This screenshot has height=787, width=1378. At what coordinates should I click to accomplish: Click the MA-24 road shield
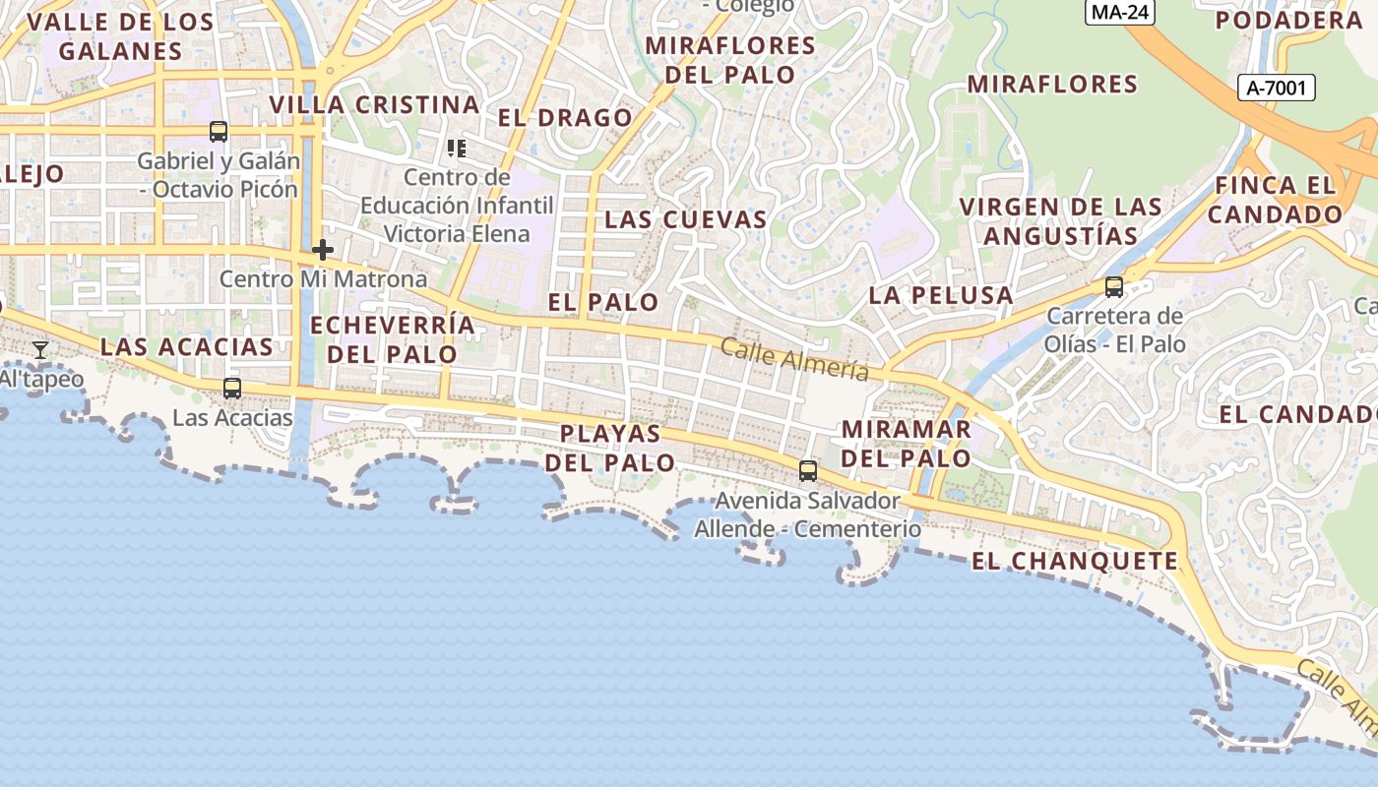pyautogui.click(x=1119, y=12)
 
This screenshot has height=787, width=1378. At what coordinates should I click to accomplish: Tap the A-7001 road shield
pyautogui.click(x=1276, y=89)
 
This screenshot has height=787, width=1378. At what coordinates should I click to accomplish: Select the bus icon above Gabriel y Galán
pyautogui.click(x=219, y=131)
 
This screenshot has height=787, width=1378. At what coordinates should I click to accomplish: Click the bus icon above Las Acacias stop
pyautogui.click(x=232, y=389)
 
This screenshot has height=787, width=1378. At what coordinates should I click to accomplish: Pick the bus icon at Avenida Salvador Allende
pyautogui.click(x=808, y=470)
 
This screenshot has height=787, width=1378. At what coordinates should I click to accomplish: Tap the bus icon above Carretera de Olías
pyautogui.click(x=1114, y=286)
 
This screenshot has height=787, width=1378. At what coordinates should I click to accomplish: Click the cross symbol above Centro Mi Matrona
pyautogui.click(x=322, y=250)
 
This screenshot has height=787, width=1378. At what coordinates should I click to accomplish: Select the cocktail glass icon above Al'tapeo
pyautogui.click(x=40, y=350)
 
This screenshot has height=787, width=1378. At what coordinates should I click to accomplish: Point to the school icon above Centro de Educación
pyautogui.click(x=456, y=149)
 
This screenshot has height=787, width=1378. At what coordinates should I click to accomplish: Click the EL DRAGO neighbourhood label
pyautogui.click(x=565, y=118)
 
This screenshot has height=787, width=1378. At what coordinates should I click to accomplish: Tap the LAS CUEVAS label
pyautogui.click(x=685, y=219)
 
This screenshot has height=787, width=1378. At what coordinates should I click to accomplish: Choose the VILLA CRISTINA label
pyautogui.click(x=374, y=105)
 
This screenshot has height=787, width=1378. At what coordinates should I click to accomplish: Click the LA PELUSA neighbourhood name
pyautogui.click(x=940, y=295)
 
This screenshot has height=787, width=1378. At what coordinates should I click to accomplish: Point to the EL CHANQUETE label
pyautogui.click(x=1074, y=562)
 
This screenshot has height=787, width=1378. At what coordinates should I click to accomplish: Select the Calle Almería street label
pyautogui.click(x=794, y=359)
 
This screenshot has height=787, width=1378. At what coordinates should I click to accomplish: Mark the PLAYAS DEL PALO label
pyautogui.click(x=610, y=448)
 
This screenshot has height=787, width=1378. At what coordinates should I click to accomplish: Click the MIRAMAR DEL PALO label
pyautogui.click(x=907, y=444)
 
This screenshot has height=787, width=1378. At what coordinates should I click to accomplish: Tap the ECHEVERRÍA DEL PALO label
pyautogui.click(x=392, y=339)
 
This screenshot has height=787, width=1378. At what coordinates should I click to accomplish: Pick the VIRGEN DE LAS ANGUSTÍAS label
pyautogui.click(x=1061, y=221)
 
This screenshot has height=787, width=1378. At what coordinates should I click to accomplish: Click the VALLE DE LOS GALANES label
pyautogui.click(x=120, y=36)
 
